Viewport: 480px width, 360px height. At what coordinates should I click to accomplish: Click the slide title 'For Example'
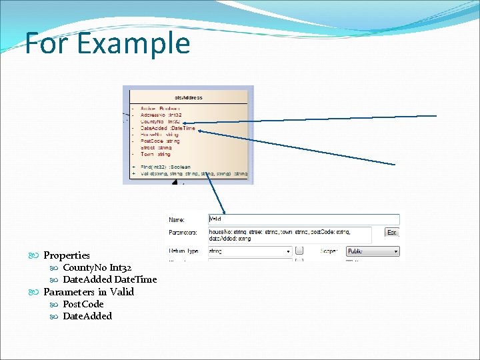click(107, 44)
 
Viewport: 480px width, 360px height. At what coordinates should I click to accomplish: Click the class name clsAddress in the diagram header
click(188, 97)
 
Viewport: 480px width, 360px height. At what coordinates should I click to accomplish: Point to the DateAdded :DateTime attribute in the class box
click(167, 128)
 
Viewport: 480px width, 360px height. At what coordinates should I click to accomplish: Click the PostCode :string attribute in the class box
click(160, 141)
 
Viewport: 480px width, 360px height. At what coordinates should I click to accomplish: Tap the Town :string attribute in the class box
click(155, 154)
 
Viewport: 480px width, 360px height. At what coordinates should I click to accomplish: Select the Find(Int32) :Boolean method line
click(165, 167)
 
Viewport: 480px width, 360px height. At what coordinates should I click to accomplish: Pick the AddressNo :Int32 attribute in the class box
click(160, 115)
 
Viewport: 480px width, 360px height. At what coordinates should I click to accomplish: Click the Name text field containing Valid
click(303, 219)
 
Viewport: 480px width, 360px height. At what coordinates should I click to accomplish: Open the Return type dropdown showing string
click(249, 251)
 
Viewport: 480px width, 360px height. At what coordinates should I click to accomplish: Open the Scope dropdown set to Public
click(372, 251)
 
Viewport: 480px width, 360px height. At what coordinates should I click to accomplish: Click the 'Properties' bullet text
click(67, 255)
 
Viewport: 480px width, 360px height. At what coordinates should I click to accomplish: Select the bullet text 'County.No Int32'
click(97, 267)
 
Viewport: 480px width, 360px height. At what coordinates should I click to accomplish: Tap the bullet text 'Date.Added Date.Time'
click(109, 279)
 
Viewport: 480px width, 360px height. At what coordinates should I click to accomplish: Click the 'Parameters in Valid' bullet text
click(89, 292)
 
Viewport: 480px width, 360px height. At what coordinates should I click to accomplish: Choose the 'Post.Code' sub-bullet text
click(83, 304)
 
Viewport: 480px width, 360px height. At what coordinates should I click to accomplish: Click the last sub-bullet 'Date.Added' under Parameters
click(87, 316)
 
